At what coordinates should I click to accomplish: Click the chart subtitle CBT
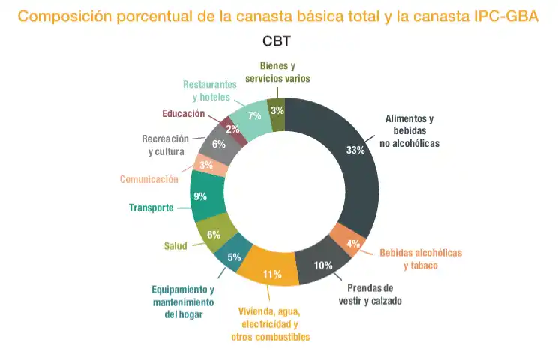click(x=277, y=41)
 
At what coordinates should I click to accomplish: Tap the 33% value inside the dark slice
click(x=355, y=150)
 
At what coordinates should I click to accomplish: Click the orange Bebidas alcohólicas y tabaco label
click(x=420, y=259)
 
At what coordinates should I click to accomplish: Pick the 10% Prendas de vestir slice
click(x=323, y=265)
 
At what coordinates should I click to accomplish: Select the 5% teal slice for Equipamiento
click(x=234, y=257)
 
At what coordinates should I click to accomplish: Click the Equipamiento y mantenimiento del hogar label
click(x=183, y=302)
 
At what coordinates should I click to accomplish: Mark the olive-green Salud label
click(x=175, y=245)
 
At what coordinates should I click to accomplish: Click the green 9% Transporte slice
click(x=201, y=196)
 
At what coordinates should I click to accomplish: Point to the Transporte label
click(x=151, y=208)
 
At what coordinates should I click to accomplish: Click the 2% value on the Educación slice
click(x=232, y=129)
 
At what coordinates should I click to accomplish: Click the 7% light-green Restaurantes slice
click(x=254, y=115)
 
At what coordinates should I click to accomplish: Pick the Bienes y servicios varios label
click(x=277, y=72)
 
